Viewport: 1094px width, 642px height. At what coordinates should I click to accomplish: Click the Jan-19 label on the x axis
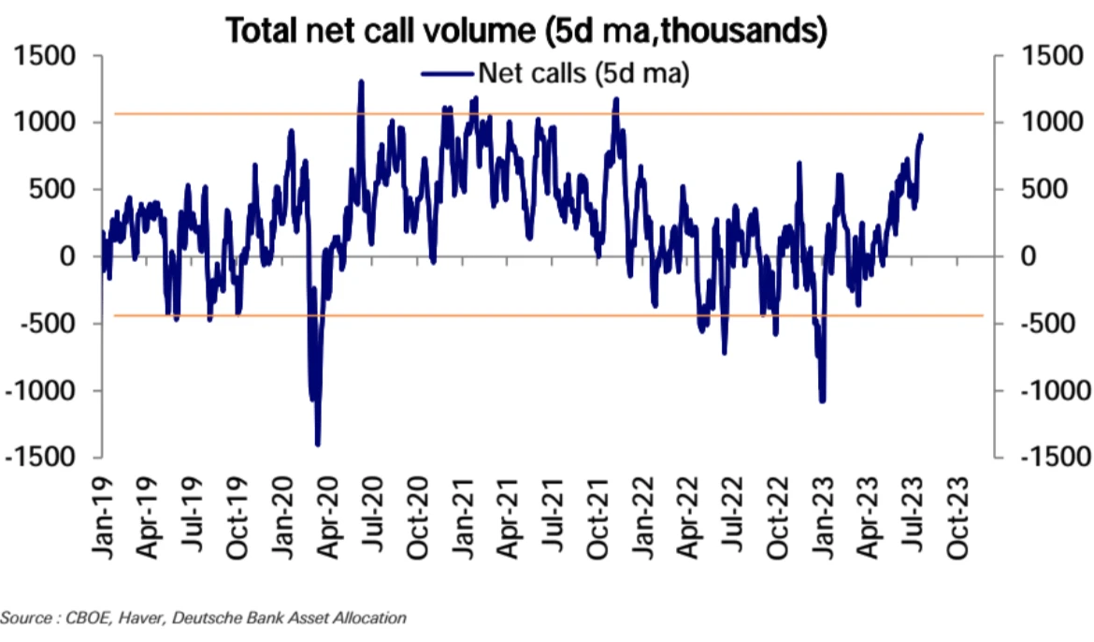(104, 523)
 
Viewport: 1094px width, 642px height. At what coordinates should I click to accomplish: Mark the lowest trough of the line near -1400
(318, 444)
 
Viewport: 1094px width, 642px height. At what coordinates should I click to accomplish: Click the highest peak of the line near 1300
(361, 82)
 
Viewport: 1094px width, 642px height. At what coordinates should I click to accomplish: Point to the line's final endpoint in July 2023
(921, 137)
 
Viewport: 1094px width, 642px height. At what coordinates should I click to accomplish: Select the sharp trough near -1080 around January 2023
(822, 400)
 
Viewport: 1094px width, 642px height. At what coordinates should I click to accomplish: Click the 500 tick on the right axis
(1043, 190)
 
